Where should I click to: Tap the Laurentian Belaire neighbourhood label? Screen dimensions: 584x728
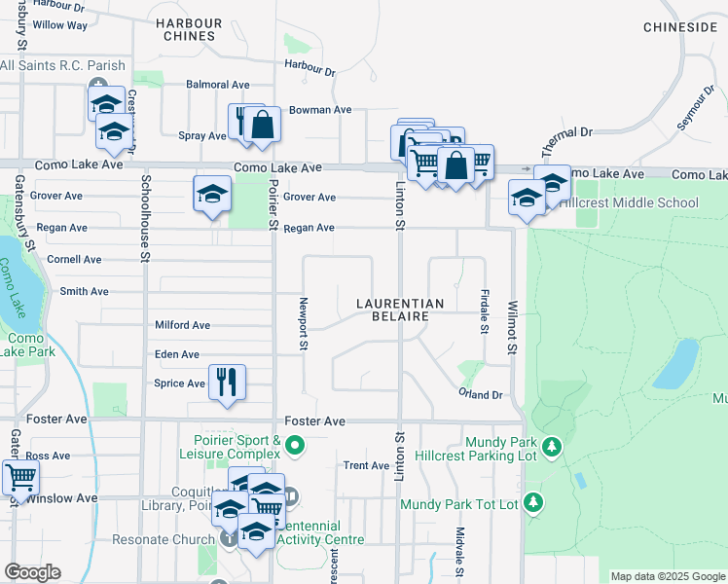pyautogui.click(x=400, y=310)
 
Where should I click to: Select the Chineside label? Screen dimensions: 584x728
pyautogui.click(x=679, y=27)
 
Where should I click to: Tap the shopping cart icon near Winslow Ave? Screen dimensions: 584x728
pyautogui.click(x=20, y=478)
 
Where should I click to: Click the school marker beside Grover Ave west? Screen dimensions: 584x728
pyautogui.click(x=212, y=194)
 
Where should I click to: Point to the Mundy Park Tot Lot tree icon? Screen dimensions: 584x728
pyautogui.click(x=533, y=502)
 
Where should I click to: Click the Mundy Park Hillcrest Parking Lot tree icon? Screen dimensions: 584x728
pyautogui.click(x=553, y=447)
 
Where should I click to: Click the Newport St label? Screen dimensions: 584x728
pyautogui.click(x=304, y=323)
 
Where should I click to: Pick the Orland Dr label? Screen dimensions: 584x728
pyautogui.click(x=481, y=394)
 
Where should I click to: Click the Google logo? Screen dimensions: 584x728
pyautogui.click(x=32, y=572)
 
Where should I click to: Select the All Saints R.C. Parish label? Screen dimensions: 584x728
pyautogui.click(x=63, y=66)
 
